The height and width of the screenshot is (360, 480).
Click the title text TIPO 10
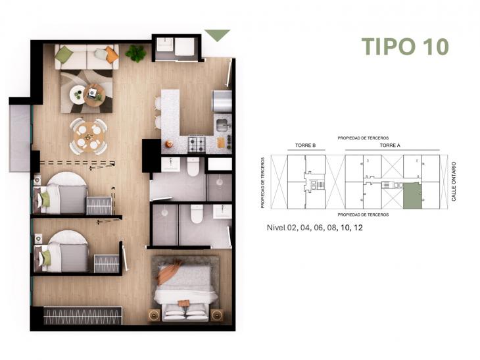coord(405,47)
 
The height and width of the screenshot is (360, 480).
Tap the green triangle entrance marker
coord(217,34)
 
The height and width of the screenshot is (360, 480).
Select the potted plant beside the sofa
coord(136,53)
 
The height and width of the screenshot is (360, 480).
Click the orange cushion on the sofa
coord(112,55)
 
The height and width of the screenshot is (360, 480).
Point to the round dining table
coord(89,136)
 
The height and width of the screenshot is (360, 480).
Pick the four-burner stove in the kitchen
coord(197,143)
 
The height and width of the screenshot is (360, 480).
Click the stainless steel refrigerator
coord(222,101)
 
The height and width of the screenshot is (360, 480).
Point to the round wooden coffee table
coord(94,95)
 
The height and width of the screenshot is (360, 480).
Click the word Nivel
coord(276,228)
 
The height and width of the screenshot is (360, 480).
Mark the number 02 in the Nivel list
coord(295,228)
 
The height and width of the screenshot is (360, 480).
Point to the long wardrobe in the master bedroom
coord(83,316)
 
